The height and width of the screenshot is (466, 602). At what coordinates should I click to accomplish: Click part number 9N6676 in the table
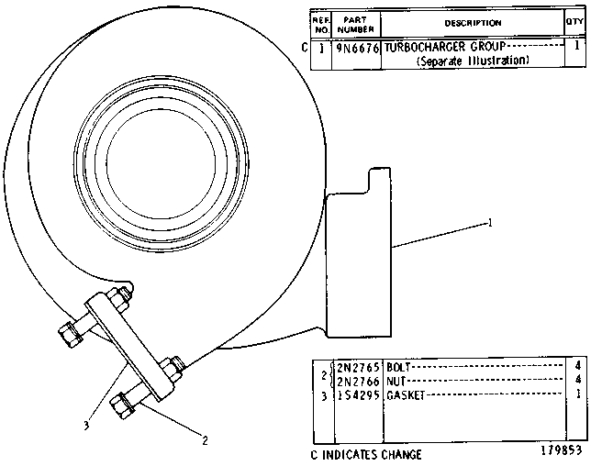tap(358, 48)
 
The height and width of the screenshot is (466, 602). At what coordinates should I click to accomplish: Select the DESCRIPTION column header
tap(473, 23)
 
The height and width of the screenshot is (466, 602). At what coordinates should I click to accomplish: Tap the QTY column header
tap(574, 21)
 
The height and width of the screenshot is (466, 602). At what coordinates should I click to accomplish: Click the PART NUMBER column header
tap(355, 25)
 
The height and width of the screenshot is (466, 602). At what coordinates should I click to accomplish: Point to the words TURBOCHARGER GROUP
tap(445, 47)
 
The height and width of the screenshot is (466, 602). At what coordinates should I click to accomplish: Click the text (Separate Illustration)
tap(473, 61)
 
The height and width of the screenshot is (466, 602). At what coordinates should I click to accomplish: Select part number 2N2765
tap(358, 367)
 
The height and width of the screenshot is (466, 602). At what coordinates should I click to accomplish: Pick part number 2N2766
tap(358, 382)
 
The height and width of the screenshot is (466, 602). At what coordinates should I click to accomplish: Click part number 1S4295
tap(358, 395)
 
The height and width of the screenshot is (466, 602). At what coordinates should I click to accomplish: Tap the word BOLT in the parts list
tap(398, 367)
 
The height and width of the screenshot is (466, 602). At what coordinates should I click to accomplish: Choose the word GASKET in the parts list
tap(406, 395)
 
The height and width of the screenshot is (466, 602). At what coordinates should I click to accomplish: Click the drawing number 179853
tap(562, 449)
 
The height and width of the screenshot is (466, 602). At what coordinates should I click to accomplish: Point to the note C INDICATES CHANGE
tap(366, 455)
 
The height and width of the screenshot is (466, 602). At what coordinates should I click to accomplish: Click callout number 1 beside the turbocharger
tap(489, 223)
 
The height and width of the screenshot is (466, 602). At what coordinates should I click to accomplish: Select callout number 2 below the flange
tap(205, 440)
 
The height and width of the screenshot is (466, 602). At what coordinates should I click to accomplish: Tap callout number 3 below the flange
tap(86, 425)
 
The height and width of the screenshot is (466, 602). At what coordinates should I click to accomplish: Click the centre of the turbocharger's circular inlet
tap(161, 162)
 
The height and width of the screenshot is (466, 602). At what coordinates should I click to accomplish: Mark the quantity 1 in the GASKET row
tap(578, 394)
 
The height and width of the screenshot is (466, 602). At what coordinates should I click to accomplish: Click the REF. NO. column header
tap(320, 25)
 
